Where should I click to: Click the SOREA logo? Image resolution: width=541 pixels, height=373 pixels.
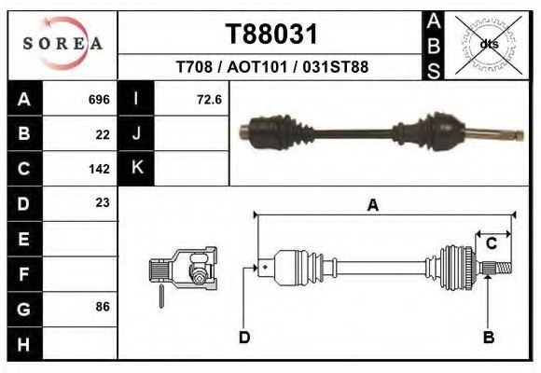pos(62,44)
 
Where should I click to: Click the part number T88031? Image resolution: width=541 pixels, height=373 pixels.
pos(271,35)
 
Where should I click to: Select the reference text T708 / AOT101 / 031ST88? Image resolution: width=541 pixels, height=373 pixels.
pos(271,68)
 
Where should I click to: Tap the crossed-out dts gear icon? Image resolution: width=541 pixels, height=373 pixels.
pos(484,44)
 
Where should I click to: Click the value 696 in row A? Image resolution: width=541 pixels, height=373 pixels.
pos(99,99)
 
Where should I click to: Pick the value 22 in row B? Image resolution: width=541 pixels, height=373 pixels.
pos(103,134)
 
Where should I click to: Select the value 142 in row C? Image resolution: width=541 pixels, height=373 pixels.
pos(99,169)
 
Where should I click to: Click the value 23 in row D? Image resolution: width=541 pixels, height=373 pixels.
pos(103,202)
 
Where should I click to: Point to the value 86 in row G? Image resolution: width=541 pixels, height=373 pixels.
pos(103,307)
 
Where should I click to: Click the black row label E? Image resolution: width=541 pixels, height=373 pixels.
pos(23,239)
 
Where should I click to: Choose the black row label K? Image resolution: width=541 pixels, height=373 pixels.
pos(136,168)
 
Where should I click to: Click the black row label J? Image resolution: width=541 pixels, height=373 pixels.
pos(136,133)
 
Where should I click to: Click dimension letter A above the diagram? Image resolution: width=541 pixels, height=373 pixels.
pos(372,206)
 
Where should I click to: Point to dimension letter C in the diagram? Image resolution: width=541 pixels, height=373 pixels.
pos(491,243)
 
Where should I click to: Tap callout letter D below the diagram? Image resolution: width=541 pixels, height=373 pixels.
pos(244,338)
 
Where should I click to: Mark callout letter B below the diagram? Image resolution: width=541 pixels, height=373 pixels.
pos(488,338)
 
